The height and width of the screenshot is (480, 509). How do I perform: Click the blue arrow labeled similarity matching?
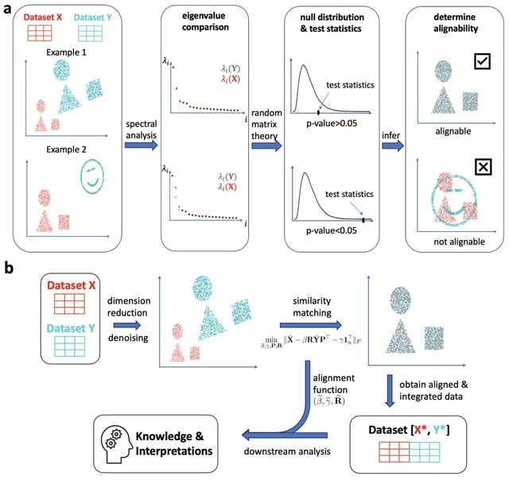tap(312, 324)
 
